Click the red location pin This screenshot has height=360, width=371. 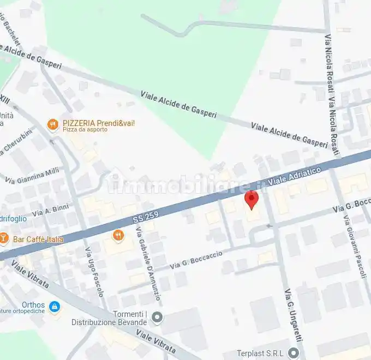pyautogui.click(x=251, y=200)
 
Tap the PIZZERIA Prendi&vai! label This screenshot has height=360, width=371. pyautogui.click(x=98, y=123)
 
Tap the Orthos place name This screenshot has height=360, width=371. pyautogui.click(x=33, y=305)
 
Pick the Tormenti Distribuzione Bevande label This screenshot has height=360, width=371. pyautogui.click(x=110, y=318)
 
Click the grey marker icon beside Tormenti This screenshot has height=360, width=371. pyautogui.click(x=157, y=316)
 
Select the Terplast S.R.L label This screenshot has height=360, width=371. pyautogui.click(x=260, y=353)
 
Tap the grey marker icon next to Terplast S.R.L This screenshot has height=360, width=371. pyautogui.click(x=294, y=353)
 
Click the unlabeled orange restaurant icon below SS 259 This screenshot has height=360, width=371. pyautogui.click(x=118, y=236)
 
